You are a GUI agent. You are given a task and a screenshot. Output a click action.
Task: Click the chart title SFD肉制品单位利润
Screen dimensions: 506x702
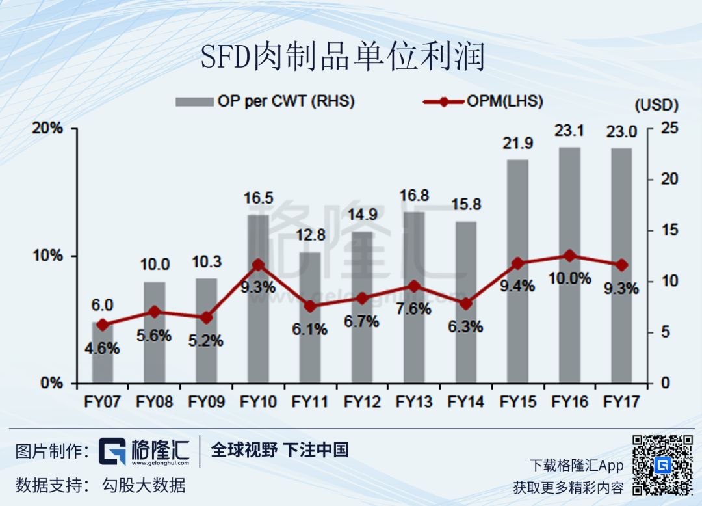pyautogui.click(x=343, y=57)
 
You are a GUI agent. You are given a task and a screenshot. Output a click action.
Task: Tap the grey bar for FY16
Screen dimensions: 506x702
pyautogui.click(x=569, y=267)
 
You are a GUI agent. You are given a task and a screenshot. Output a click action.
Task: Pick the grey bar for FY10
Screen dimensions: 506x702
pyautogui.click(x=258, y=299)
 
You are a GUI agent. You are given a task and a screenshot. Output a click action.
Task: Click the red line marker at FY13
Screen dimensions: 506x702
pyautogui.click(x=413, y=286)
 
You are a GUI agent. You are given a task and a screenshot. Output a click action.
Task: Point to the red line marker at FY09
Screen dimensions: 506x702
pyautogui.click(x=206, y=318)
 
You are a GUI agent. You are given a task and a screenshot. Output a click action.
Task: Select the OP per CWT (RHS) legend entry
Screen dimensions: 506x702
pyautogui.click(x=265, y=101)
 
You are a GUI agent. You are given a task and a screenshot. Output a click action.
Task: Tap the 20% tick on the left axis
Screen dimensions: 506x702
pyautogui.click(x=48, y=128)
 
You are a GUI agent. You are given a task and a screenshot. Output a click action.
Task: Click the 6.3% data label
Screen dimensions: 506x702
pyautogui.click(x=465, y=326)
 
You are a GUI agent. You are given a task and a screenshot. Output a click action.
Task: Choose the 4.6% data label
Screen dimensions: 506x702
pyautogui.click(x=102, y=349)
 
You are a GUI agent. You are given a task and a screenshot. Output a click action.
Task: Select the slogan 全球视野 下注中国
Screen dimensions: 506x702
pyautogui.click(x=279, y=449)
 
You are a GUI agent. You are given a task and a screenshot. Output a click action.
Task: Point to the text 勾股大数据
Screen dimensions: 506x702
pyautogui.click(x=144, y=485)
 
